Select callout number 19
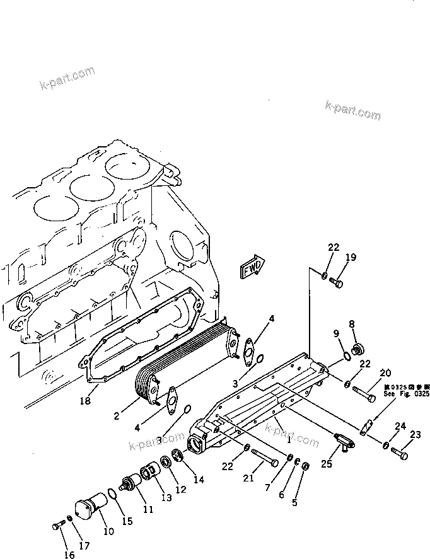351,257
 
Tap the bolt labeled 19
337,284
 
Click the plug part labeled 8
360,348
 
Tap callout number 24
399,427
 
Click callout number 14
199,480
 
